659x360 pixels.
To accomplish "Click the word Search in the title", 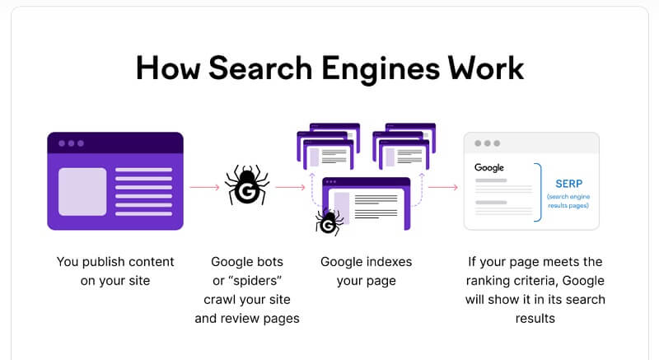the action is [x=260, y=68].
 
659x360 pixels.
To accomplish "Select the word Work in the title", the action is [x=486, y=68].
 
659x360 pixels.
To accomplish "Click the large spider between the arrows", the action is [x=247, y=185].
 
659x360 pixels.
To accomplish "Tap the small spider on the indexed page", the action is [x=329, y=222].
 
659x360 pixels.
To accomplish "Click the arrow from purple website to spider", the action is [x=204, y=187].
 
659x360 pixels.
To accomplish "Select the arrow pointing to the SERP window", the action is [x=443, y=187].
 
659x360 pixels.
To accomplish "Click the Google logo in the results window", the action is [x=489, y=167].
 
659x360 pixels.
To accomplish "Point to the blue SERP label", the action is [x=568, y=184].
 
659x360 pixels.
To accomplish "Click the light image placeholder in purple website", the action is [x=82, y=192].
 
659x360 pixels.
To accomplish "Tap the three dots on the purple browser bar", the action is [x=71, y=143].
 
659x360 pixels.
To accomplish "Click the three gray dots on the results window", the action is [x=487, y=143].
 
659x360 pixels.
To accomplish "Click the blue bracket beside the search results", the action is [x=539, y=192].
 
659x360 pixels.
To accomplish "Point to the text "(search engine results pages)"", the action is [x=568, y=201].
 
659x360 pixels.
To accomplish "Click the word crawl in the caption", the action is [x=217, y=300].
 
